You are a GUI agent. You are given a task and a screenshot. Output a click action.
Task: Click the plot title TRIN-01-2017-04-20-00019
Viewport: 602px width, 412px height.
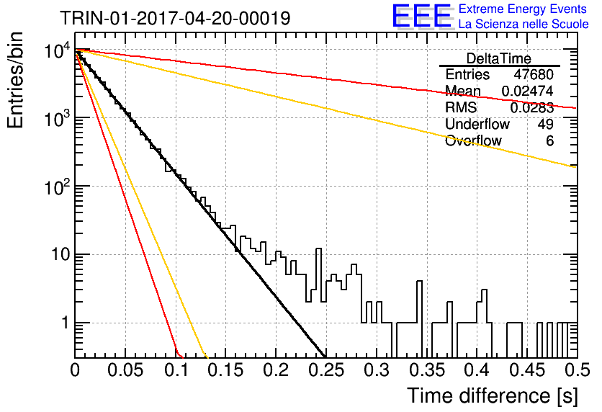tap(175, 18)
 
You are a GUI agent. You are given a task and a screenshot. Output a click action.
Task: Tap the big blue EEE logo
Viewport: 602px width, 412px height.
tap(421, 16)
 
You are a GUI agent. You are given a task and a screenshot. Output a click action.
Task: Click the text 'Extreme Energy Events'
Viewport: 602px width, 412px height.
tap(523, 9)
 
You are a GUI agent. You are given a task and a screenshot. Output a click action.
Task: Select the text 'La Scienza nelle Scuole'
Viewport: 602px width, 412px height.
tap(524, 24)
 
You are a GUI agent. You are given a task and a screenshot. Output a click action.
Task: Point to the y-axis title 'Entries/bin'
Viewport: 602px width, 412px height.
tap(15, 80)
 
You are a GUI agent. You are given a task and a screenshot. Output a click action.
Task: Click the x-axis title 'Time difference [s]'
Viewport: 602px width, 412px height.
tap(493, 396)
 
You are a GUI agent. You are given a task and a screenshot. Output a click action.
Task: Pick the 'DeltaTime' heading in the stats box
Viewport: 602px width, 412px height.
tap(499, 58)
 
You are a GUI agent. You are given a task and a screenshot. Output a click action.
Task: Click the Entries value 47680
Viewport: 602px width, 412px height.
tap(534, 74)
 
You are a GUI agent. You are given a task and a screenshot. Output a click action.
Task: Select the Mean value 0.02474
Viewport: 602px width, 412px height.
tap(528, 91)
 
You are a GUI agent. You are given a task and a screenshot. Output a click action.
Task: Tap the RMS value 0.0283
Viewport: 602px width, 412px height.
tap(531, 108)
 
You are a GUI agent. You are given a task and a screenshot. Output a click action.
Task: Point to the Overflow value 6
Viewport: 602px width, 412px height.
tap(549, 141)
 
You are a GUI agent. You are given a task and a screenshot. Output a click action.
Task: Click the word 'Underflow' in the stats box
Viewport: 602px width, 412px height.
tap(477, 124)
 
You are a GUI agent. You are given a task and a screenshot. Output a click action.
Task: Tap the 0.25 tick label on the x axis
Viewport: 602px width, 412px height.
tap(326, 370)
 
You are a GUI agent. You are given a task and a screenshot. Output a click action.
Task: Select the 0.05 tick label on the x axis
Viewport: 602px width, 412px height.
tap(125, 370)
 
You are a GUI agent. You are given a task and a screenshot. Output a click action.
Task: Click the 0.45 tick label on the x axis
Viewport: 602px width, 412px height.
tap(527, 370)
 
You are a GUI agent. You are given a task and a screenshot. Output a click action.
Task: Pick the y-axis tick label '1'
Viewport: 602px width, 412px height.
tap(66, 323)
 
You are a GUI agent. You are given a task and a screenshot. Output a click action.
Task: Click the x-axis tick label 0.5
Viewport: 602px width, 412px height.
tap(578, 370)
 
